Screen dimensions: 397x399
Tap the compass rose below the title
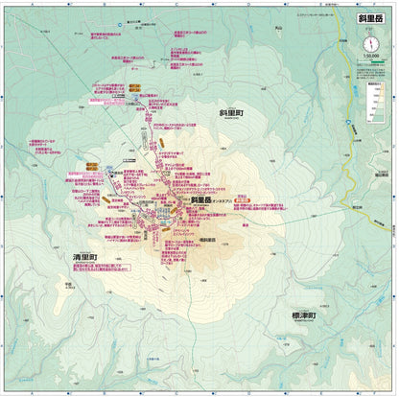point(370,45)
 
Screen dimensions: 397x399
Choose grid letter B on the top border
point(101,4)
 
